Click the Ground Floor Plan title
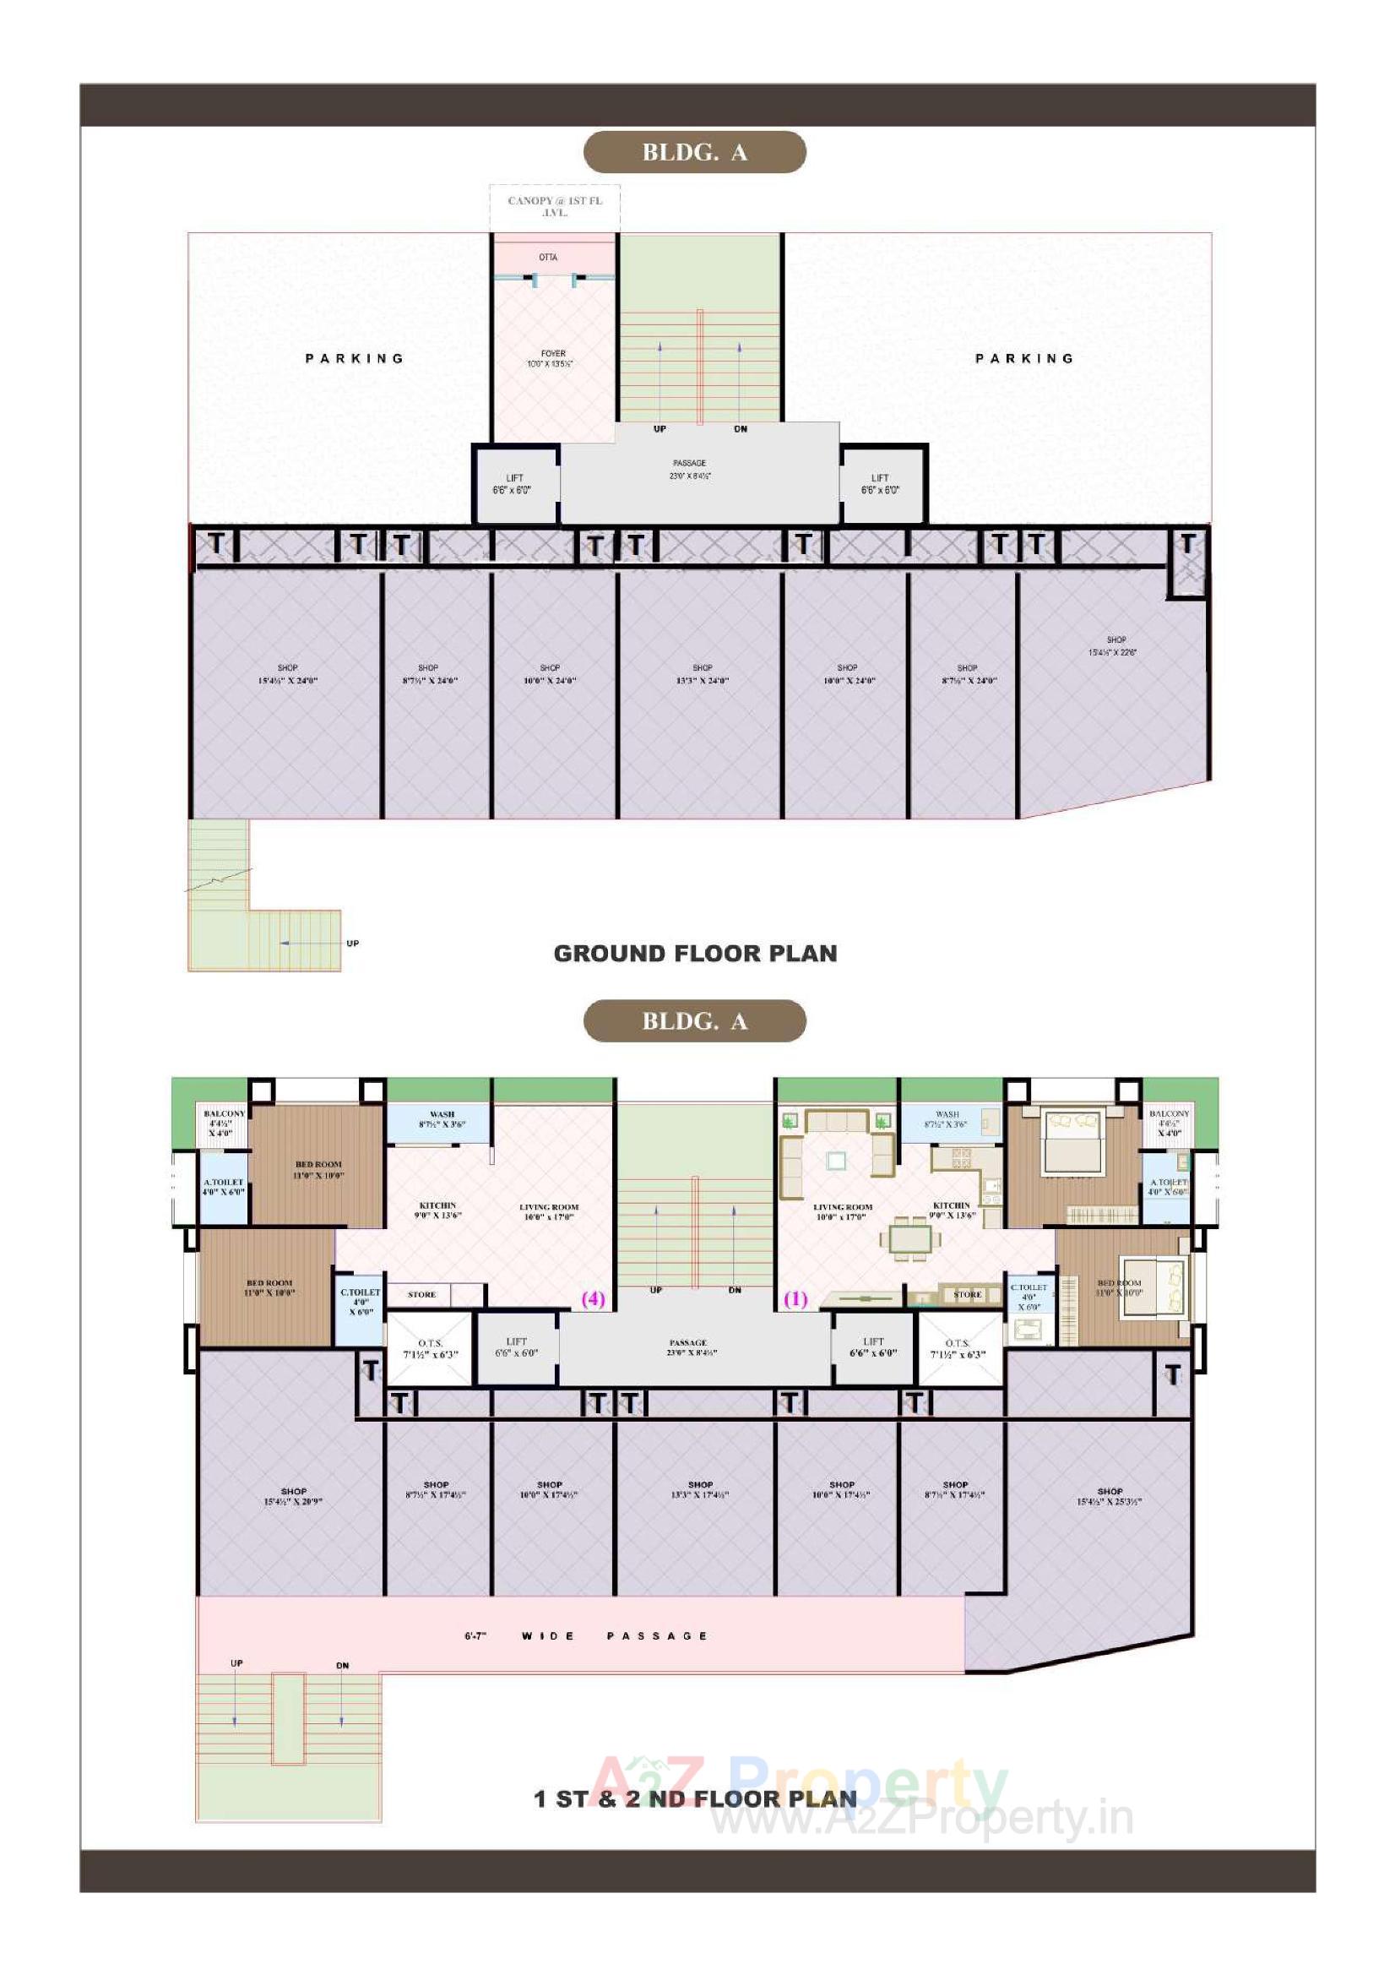[695, 953]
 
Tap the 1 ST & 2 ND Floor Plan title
[695, 1798]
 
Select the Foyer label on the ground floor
[553, 358]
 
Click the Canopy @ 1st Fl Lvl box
[555, 206]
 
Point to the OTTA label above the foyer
[548, 257]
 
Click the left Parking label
[355, 358]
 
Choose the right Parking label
[1023, 358]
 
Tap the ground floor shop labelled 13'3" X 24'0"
[702, 673]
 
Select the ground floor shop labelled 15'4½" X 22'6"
[1115, 646]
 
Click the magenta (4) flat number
[594, 1299]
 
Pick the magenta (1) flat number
[795, 1299]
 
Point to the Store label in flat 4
[421, 1295]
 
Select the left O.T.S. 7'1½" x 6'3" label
[430, 1348]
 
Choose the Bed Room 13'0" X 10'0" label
[318, 1170]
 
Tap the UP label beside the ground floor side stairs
[353, 944]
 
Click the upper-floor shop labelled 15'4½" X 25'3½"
[1110, 1497]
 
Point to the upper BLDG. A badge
[695, 152]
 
